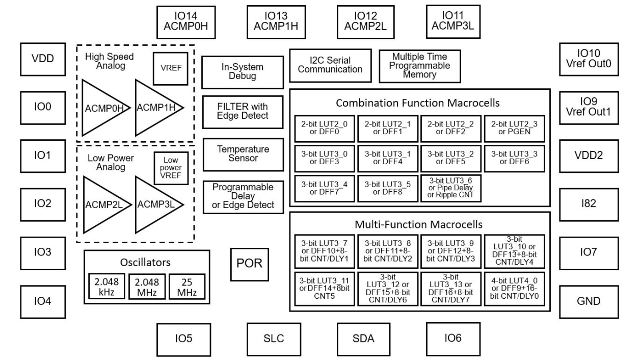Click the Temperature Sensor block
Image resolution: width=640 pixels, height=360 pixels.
(243, 154)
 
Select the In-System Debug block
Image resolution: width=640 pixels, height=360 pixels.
(243, 72)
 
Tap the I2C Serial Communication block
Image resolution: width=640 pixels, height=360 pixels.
(330, 65)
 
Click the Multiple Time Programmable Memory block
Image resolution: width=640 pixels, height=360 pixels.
(420, 65)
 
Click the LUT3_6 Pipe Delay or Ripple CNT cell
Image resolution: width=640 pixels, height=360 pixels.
(451, 189)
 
